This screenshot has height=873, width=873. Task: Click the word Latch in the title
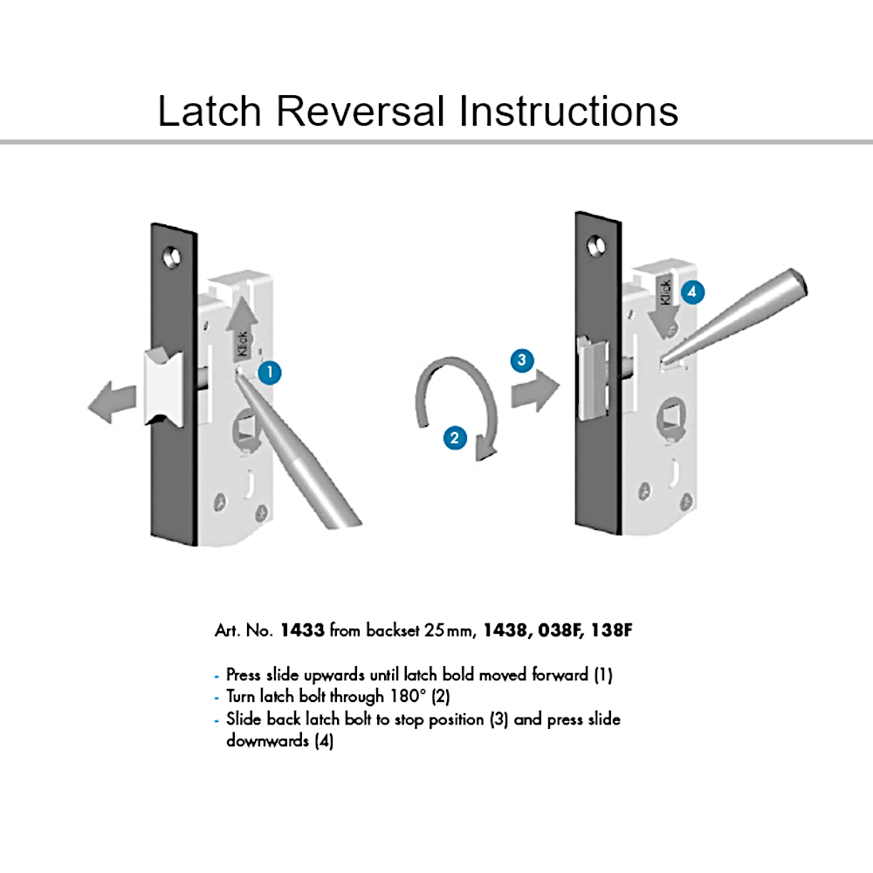(x=210, y=112)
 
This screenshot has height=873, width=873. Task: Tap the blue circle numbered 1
(x=270, y=372)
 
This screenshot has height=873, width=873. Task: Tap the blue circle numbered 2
(x=455, y=437)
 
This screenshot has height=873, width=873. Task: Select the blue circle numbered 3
(x=522, y=361)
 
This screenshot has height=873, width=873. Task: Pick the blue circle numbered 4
(x=692, y=292)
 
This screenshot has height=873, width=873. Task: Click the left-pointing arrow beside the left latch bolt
(x=113, y=402)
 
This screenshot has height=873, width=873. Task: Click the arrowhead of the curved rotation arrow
(x=485, y=451)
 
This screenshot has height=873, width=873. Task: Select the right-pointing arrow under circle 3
(x=535, y=389)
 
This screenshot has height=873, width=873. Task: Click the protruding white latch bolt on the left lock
(x=164, y=388)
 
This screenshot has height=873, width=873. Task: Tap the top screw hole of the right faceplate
(x=597, y=245)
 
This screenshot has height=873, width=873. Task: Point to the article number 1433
(x=302, y=630)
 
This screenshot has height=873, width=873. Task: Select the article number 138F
(x=612, y=630)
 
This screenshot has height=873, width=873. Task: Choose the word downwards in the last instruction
(x=267, y=740)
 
